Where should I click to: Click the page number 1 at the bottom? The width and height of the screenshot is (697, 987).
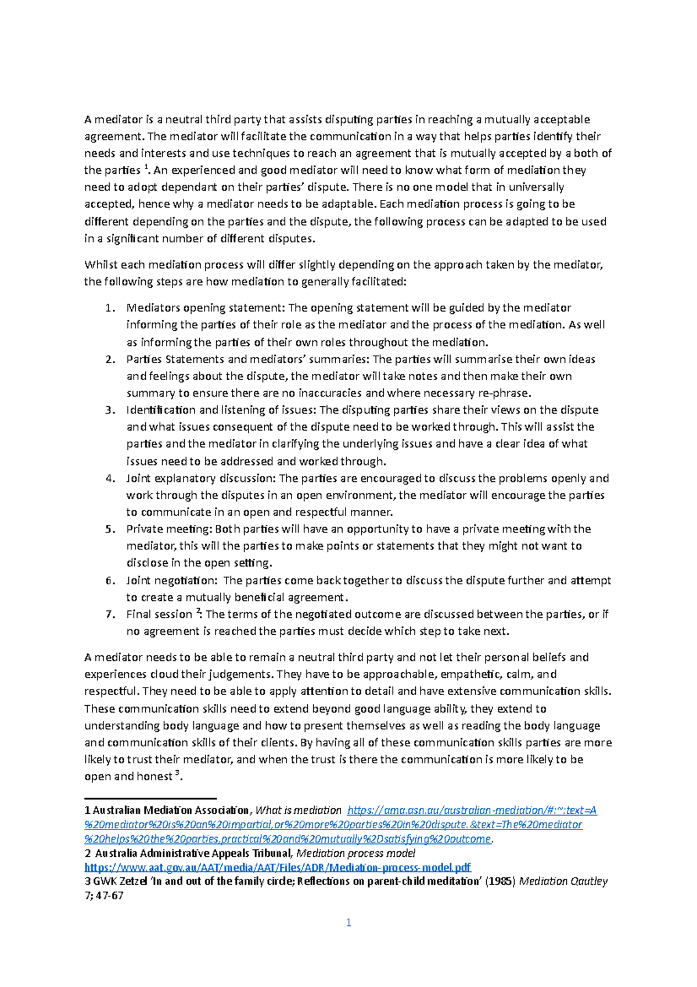348,922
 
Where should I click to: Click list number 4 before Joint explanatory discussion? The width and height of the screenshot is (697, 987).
110,478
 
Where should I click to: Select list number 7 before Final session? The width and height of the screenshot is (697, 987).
110,614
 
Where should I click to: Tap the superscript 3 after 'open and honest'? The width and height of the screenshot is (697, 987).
178,773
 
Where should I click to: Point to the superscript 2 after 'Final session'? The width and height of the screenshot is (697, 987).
198,611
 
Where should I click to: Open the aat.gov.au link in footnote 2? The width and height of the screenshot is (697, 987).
278,868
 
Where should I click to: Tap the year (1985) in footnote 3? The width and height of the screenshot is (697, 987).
500,882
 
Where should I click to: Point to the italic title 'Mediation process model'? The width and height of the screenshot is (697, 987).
355,853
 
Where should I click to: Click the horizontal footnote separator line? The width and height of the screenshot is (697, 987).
150,799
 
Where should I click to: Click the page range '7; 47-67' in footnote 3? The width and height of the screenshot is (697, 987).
104,896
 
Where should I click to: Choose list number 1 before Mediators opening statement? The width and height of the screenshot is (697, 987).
110,308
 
